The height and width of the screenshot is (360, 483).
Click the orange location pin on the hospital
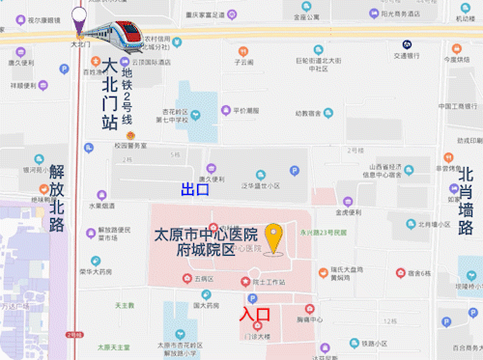(274, 237)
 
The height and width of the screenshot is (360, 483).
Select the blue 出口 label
(195, 189)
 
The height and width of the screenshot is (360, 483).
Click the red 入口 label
(255, 314)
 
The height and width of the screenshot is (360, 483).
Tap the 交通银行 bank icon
(408, 43)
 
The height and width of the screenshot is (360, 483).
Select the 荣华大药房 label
(94, 271)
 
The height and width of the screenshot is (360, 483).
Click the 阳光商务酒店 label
(399, 14)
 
